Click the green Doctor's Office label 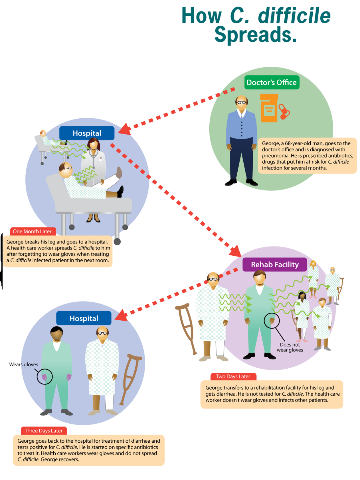[x=272, y=82]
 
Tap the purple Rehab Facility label [x=275, y=265]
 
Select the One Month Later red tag [x=32, y=231]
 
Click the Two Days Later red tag [x=233, y=377]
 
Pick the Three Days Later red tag [x=44, y=431]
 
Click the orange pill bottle [x=269, y=108]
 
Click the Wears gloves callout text [x=24, y=364]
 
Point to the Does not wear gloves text [x=290, y=347]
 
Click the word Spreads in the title [x=256, y=34]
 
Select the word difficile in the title [x=294, y=15]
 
